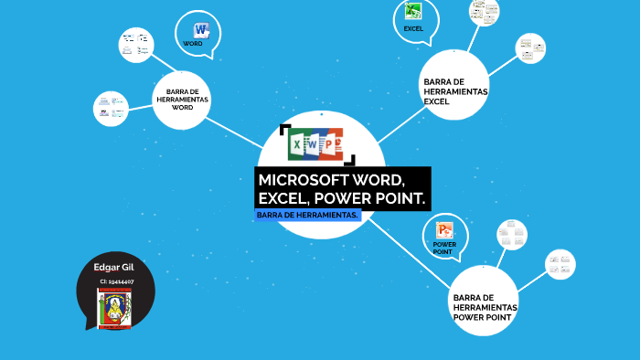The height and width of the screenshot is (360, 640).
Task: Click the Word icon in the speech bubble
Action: [201, 29]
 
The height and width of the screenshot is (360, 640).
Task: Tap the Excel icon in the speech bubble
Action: [413, 12]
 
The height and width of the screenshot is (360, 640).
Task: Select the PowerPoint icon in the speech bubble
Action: [445, 230]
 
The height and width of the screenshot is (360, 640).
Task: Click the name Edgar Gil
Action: [114, 267]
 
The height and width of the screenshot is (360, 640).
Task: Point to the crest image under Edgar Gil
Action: [114, 309]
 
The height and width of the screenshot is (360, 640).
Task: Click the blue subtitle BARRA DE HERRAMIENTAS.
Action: [308, 215]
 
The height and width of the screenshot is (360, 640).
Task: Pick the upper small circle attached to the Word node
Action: [137, 43]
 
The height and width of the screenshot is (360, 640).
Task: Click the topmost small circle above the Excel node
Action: [484, 10]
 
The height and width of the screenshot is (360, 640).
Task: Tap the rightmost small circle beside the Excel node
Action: [530, 48]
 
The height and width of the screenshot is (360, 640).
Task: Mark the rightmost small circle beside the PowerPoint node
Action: [560, 264]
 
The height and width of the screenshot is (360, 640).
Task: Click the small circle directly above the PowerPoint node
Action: [512, 235]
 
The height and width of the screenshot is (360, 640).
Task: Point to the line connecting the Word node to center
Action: [236, 133]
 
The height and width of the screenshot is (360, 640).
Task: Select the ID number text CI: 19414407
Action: [117, 281]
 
